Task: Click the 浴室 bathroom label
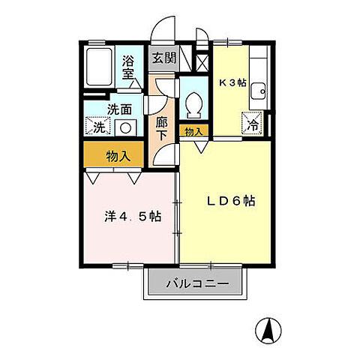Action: (x=128, y=69)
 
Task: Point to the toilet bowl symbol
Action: (x=193, y=105)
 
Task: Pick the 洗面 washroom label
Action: (x=119, y=109)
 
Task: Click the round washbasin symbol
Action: (x=125, y=127)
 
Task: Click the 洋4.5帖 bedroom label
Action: (x=132, y=217)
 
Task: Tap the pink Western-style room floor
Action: (x=127, y=240)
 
